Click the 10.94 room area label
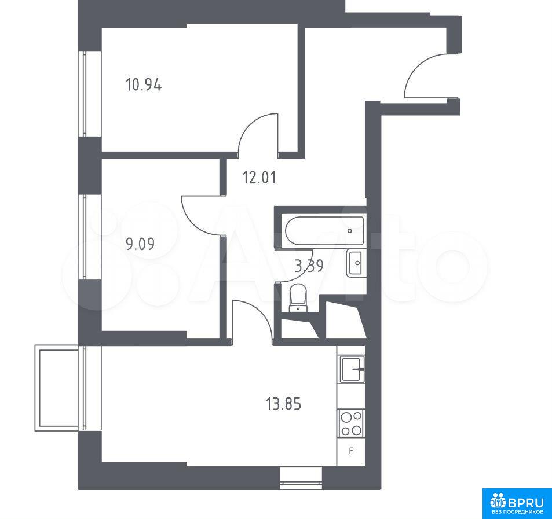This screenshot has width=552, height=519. pyautogui.click(x=144, y=86)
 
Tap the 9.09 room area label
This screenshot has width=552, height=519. pyautogui.click(x=140, y=244)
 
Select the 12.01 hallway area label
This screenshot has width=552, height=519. pyautogui.click(x=259, y=178)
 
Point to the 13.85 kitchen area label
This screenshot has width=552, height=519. pyautogui.click(x=283, y=404)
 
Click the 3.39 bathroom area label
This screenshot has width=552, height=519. pyautogui.click(x=309, y=266)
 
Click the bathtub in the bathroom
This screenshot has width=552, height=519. pyautogui.click(x=324, y=231)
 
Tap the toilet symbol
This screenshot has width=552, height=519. pyautogui.click(x=298, y=297)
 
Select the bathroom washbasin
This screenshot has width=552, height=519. pyautogui.click(x=356, y=263)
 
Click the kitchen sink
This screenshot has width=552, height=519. pyautogui.click(x=352, y=369)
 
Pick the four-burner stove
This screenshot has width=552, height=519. pyautogui.click(x=351, y=424)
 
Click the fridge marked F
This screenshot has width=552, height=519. pyautogui.click(x=350, y=451)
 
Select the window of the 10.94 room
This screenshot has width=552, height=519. pyautogui.click(x=85, y=94)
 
